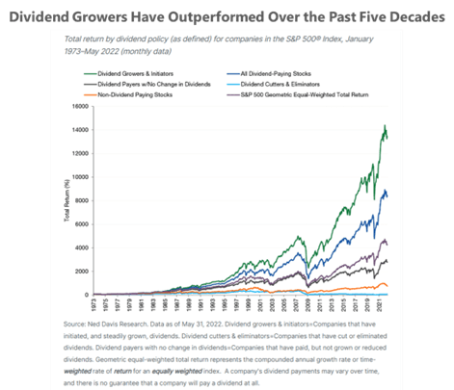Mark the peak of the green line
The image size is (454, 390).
[386, 126]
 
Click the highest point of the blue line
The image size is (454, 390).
[386, 190]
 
